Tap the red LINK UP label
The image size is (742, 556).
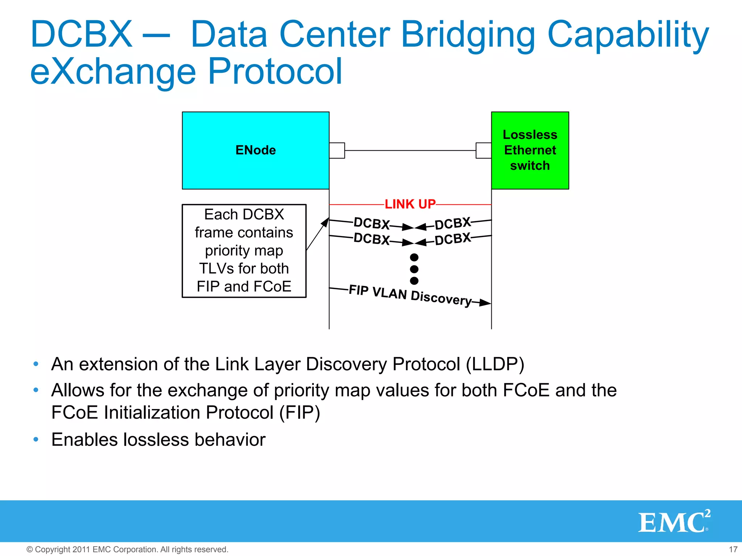[410, 205]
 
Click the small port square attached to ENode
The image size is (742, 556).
[337, 150]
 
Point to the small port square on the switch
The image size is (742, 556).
[483, 150]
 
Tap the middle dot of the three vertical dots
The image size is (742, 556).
[414, 269]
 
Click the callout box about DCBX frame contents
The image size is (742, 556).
[244, 251]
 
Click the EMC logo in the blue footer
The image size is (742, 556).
[674, 522]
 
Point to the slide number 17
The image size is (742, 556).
[733, 549]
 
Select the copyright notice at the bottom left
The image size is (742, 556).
[127, 549]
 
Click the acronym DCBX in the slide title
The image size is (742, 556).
[82, 34]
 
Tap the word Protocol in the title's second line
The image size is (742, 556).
[275, 71]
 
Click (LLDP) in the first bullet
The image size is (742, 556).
[495, 364]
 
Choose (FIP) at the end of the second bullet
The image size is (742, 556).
[300, 413]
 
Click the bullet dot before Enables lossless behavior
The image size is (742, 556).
[36, 439]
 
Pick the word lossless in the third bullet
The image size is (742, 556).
[156, 440]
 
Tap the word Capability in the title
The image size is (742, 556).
[628, 34]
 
